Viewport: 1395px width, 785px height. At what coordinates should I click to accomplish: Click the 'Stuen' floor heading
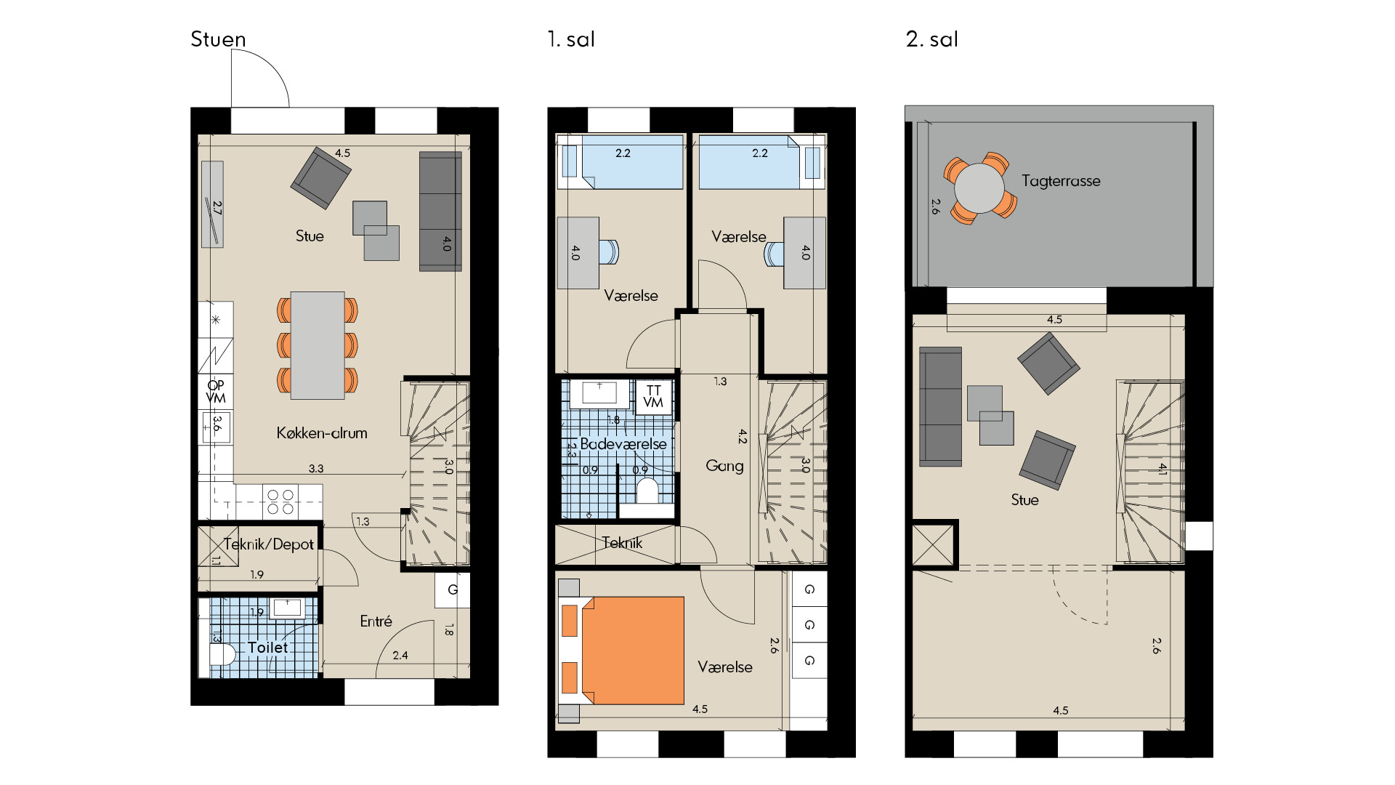[218, 39]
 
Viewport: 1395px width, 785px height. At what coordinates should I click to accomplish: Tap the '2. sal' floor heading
[932, 39]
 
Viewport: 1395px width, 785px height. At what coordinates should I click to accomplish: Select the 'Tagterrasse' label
[1061, 181]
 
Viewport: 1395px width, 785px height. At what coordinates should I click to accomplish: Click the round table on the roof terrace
[979, 188]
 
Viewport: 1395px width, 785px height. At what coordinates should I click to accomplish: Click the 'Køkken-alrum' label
[322, 433]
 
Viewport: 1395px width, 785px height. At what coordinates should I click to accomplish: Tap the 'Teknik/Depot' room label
[269, 544]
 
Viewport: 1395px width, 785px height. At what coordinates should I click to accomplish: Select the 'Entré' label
[376, 621]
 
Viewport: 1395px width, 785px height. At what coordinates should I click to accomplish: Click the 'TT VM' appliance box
[653, 397]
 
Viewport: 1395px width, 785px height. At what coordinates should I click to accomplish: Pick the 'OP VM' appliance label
[216, 392]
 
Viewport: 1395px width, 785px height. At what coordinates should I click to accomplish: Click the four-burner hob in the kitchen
[280, 502]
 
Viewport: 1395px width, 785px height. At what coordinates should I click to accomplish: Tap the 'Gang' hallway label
[724, 466]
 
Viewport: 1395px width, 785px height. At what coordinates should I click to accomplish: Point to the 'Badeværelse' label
[623, 444]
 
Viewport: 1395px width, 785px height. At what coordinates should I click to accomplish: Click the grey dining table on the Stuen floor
[318, 345]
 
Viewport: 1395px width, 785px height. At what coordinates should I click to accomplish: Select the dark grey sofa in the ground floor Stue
[440, 212]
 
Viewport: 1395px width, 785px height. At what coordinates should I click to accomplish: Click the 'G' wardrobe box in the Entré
[453, 590]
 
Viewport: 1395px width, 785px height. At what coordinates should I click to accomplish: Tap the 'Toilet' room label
[267, 648]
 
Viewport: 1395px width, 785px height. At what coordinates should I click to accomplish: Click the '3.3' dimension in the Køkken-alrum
[316, 469]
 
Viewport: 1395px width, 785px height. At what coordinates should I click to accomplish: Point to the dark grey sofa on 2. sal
[940, 406]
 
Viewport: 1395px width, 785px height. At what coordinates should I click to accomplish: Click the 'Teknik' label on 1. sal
[622, 543]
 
